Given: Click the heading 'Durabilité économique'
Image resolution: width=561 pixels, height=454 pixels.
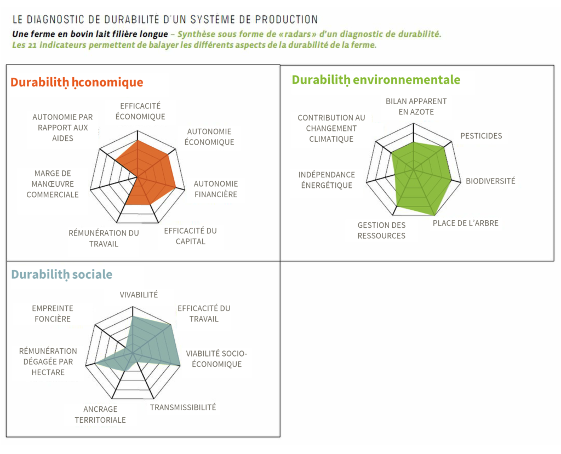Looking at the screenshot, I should point(77,83).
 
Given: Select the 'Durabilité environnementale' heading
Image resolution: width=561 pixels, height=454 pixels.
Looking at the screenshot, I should point(376,80).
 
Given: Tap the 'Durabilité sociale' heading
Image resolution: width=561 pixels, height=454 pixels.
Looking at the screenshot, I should point(61,274).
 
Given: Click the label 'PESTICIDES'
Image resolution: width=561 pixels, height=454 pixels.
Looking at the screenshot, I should point(481,136).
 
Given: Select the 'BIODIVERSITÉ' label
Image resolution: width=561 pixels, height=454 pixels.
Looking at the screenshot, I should point(490,181).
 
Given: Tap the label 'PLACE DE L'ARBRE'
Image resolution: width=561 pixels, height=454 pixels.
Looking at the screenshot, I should point(466,223).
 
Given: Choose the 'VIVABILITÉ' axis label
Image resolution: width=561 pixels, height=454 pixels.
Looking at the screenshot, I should point(139,295).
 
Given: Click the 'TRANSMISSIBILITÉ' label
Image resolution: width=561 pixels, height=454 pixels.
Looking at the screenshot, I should point(183,407).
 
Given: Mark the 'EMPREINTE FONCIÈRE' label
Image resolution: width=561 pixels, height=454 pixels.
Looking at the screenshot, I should point(52,314).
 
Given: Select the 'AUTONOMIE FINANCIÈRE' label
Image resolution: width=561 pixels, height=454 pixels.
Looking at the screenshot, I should point(216,189).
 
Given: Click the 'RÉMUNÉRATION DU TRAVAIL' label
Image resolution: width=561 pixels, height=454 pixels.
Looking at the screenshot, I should point(104,238).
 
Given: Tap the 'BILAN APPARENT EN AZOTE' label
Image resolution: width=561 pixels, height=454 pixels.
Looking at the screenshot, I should point(416,107).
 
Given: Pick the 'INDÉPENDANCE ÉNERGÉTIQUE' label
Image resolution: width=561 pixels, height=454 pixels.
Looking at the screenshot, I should point(327,180).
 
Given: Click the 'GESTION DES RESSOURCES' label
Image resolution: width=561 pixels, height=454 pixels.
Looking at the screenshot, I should point(381,231).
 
